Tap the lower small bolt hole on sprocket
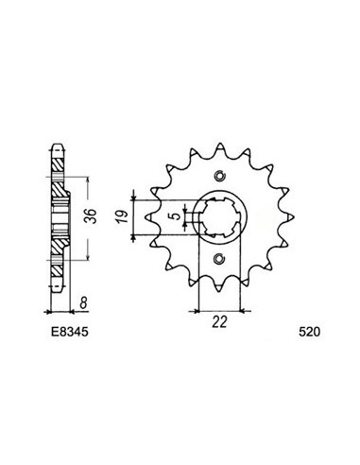(220, 259)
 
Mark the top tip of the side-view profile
(57, 146)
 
